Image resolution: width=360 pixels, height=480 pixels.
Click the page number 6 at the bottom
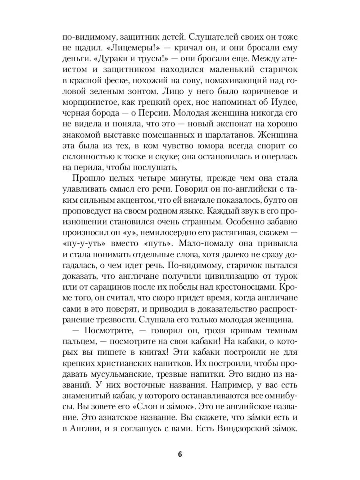[x=180, y=454]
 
